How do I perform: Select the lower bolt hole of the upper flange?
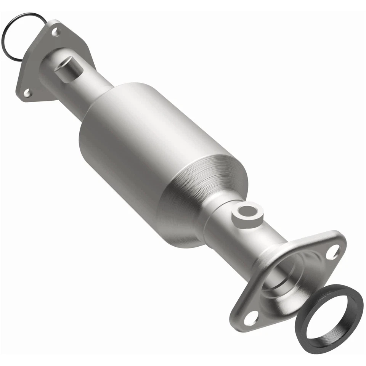tap(27, 92)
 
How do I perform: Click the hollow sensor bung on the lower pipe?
tap(247, 215)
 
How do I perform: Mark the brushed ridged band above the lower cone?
tap(213, 172)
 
